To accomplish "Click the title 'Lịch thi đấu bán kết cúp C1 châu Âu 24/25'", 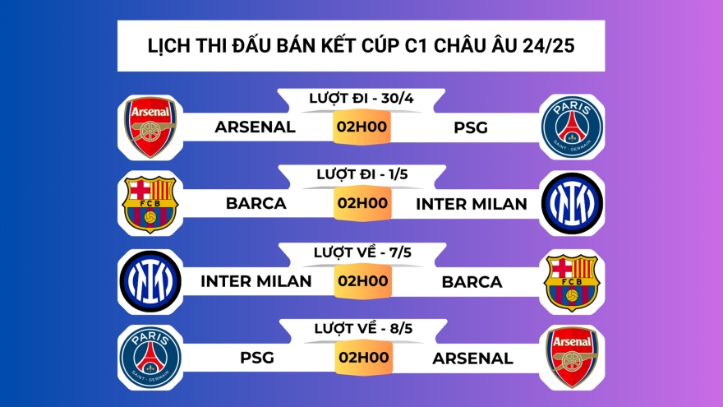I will (361, 45).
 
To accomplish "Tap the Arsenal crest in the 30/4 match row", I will (150, 127).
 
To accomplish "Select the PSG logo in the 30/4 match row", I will (572, 127).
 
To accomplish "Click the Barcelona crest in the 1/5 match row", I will (150, 204).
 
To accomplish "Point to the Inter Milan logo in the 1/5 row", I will (572, 204).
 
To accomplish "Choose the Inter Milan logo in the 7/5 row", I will (150, 281).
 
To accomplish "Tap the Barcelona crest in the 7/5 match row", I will (572, 281).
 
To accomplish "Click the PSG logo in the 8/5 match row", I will (150, 358).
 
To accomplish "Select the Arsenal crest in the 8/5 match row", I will (572, 358).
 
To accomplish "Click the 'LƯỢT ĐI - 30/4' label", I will (361, 98).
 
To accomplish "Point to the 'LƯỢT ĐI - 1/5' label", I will (361, 174).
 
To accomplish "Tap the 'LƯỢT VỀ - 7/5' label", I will (361, 252).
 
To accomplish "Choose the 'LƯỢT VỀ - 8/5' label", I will (361, 328).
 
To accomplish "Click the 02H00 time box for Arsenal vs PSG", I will (361, 127).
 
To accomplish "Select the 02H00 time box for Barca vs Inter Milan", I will (361, 204).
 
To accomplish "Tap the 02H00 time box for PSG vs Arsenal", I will (361, 358).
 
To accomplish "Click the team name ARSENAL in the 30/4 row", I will (255, 127).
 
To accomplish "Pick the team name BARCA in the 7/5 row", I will (472, 281).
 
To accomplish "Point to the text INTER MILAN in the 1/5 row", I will (472, 204).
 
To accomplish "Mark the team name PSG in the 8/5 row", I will (257, 358).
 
